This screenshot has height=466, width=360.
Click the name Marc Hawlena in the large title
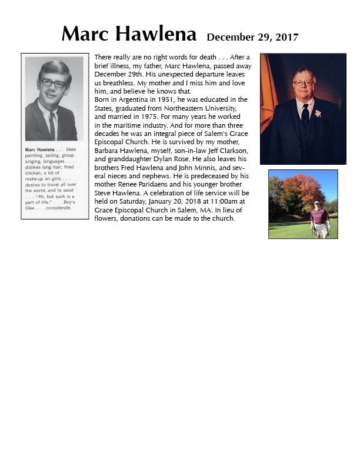[129, 34]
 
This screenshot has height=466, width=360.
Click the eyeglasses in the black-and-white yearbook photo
[54, 83]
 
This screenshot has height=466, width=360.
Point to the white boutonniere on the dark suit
[318, 113]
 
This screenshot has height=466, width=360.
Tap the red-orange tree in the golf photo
[303, 188]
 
